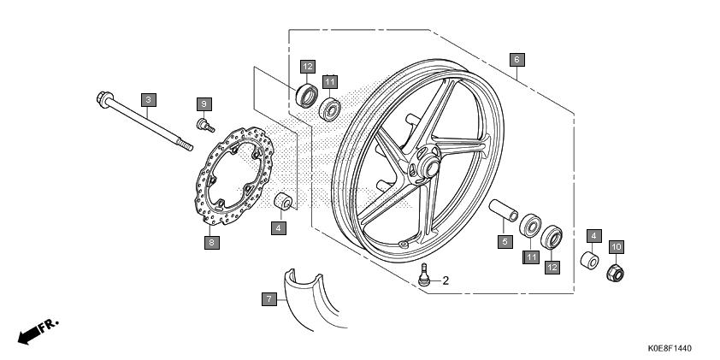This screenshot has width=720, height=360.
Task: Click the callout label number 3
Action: coord(148,100)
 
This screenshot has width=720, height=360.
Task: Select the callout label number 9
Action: coord(204,104)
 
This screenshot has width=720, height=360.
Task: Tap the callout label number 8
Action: coord(212,243)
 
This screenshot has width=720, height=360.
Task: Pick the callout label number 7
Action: coord(269,299)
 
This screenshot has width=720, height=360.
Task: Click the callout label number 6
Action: coord(517,60)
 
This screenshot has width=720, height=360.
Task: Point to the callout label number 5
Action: coord(505,241)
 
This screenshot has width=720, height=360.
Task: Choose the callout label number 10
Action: coord(617,247)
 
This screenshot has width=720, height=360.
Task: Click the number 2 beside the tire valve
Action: coord(446,280)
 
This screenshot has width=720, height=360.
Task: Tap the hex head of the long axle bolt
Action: coord(106,98)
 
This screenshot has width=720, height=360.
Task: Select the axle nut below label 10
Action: coord(616,274)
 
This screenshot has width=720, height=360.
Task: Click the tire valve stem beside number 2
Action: coord(424,274)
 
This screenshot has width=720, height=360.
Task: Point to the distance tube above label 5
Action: coord(503,210)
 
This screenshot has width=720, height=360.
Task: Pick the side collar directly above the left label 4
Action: coord(283,202)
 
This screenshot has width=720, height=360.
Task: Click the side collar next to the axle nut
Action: coord(589,260)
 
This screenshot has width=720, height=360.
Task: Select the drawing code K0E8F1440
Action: coord(670,349)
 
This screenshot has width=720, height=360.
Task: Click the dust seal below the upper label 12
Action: coord(307,96)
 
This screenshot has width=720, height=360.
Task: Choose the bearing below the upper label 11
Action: coord(330,109)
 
